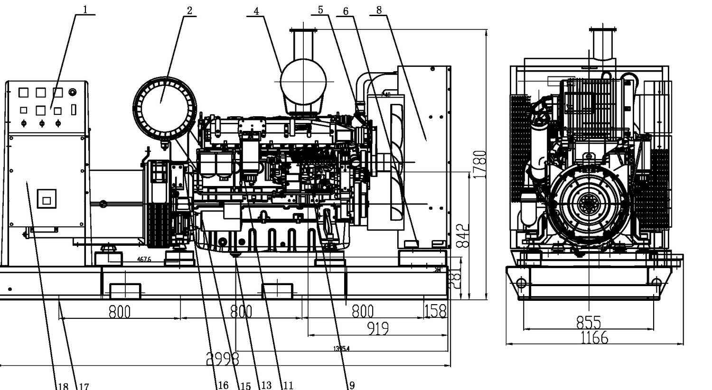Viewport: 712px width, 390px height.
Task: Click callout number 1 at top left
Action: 85,9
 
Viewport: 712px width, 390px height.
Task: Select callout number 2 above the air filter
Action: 189,10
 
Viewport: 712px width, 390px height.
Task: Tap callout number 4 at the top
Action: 256,10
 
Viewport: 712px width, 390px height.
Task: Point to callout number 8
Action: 378,9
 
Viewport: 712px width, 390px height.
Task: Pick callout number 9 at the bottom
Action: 351,385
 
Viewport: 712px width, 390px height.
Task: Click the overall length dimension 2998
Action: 223,359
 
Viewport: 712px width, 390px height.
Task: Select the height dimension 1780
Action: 480,164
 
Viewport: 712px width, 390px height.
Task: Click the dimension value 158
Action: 435,311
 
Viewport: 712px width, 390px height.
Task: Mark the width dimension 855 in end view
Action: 589,323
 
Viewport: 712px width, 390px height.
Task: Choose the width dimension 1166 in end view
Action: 594,338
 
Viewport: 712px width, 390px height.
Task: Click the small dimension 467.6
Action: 144,260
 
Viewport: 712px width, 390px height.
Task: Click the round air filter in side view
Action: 164,108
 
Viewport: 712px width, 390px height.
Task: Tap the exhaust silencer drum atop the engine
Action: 303,82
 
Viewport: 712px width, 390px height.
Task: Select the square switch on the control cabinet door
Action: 47,199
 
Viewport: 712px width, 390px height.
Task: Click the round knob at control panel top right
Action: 72,92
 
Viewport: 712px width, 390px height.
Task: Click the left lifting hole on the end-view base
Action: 521,283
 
